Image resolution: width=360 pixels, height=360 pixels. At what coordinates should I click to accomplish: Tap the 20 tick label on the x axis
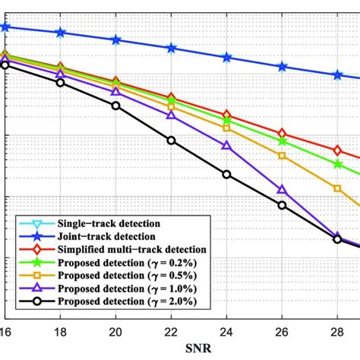[x=116, y=333]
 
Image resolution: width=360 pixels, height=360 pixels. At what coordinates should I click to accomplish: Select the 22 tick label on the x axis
[x=171, y=333]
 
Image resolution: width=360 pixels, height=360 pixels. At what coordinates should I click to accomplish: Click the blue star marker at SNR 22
[x=172, y=48]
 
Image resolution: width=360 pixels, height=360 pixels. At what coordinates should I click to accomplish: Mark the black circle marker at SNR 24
[x=226, y=175]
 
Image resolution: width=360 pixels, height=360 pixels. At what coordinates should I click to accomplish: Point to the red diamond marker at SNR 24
[x=226, y=115]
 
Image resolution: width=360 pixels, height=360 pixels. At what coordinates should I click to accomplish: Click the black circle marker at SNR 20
[x=116, y=106]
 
